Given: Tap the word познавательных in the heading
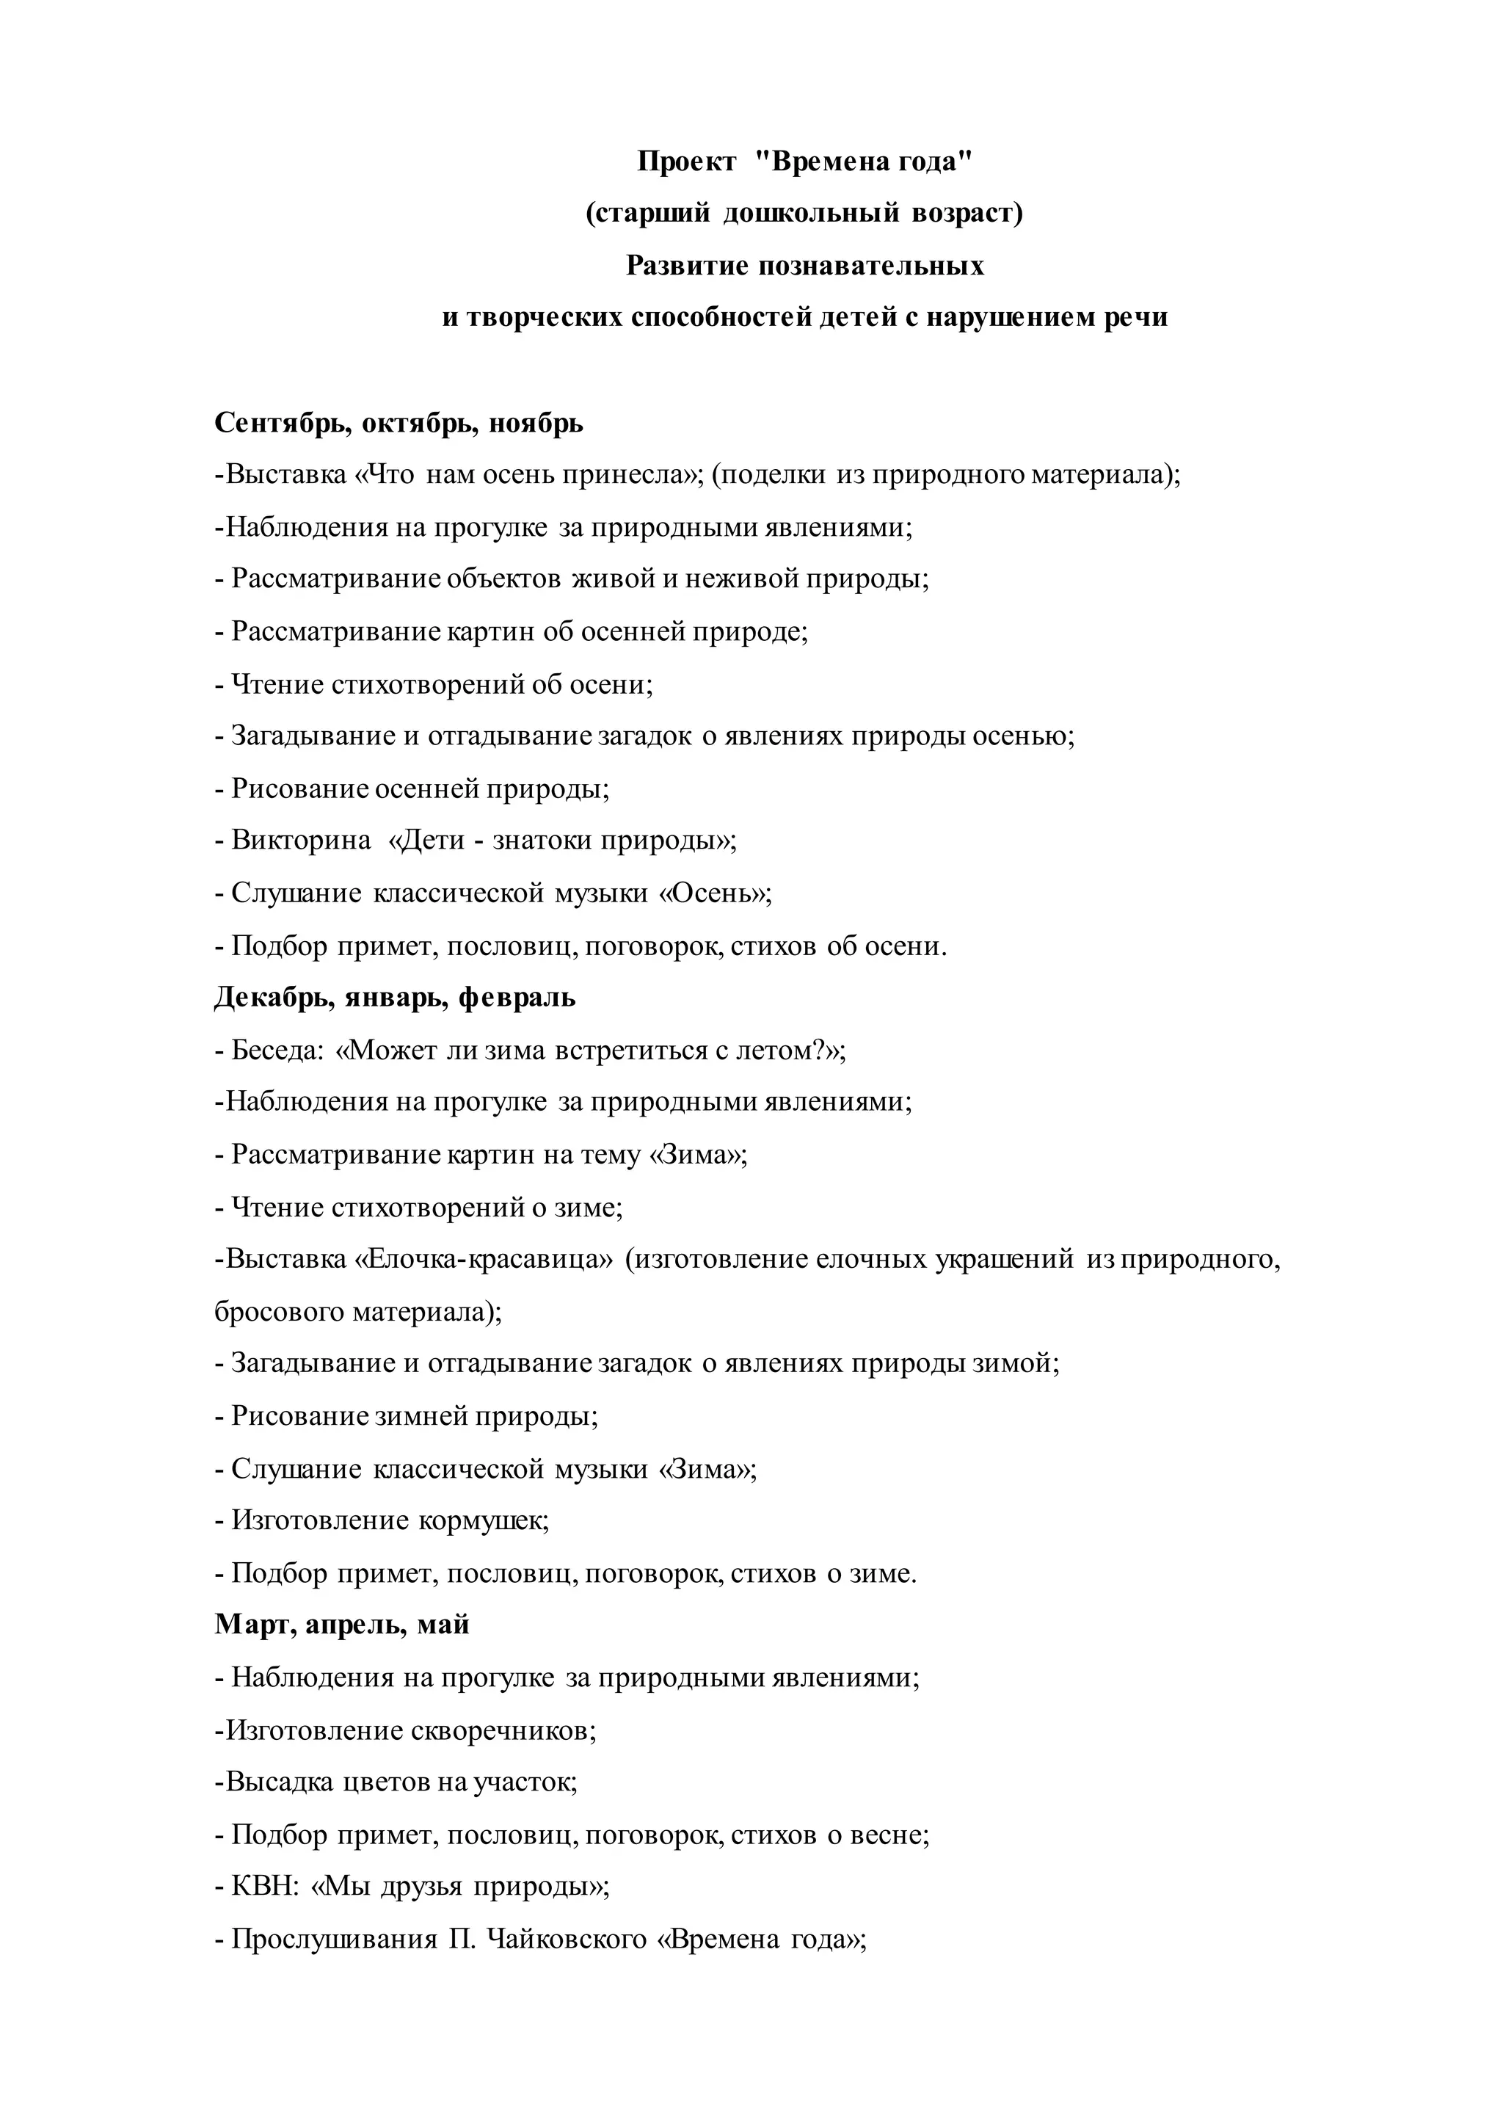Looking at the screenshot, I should click(x=872, y=266).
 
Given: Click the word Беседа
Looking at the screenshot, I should click(x=277, y=1051).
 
